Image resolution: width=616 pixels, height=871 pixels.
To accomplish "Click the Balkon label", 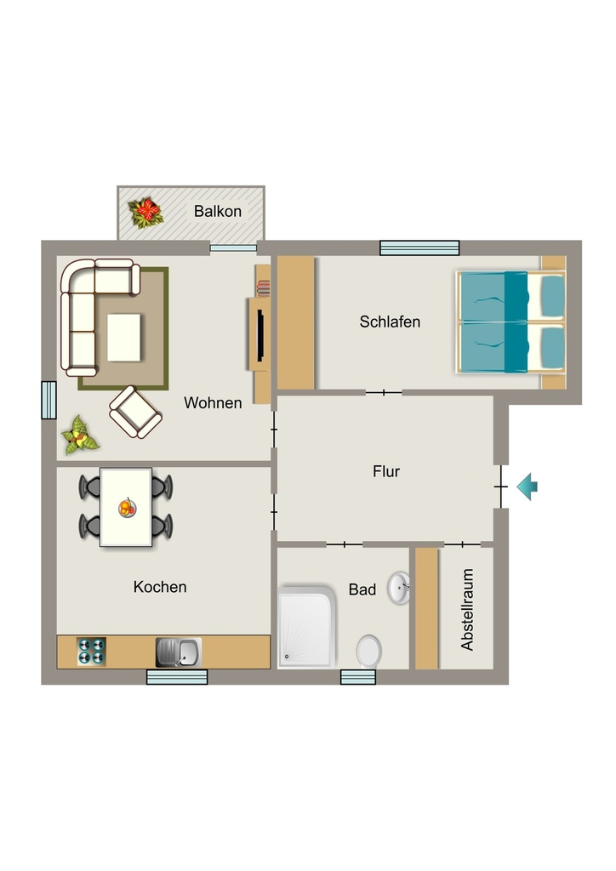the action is click(217, 211).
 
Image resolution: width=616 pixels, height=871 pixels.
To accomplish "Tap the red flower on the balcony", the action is click(146, 213).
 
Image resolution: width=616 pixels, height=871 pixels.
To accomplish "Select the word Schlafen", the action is click(390, 322).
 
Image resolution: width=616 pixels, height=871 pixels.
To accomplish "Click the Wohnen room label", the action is click(213, 402).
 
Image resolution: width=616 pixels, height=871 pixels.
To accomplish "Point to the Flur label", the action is click(386, 471).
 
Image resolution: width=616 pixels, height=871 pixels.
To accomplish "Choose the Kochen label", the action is click(160, 587).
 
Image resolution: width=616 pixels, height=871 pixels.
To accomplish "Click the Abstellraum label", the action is click(467, 609).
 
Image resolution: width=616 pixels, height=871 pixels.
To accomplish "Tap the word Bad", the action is click(362, 589).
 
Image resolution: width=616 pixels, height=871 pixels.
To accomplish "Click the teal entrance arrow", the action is click(528, 487).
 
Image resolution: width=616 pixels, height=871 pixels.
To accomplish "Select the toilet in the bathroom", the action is click(368, 652).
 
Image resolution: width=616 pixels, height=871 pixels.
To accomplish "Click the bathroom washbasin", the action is click(399, 589).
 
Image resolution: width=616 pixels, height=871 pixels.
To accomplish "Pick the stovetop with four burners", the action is click(91, 652).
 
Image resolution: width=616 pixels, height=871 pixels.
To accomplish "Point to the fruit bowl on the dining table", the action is click(128, 508).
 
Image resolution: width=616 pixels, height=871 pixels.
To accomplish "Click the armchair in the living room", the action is click(135, 413).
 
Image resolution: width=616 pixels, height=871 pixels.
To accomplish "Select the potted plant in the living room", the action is click(79, 436).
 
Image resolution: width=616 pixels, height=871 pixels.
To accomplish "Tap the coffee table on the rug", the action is click(124, 337).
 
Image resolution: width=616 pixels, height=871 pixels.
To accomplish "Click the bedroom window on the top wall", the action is click(419, 248).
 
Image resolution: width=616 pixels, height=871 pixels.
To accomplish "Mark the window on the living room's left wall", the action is click(48, 400).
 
